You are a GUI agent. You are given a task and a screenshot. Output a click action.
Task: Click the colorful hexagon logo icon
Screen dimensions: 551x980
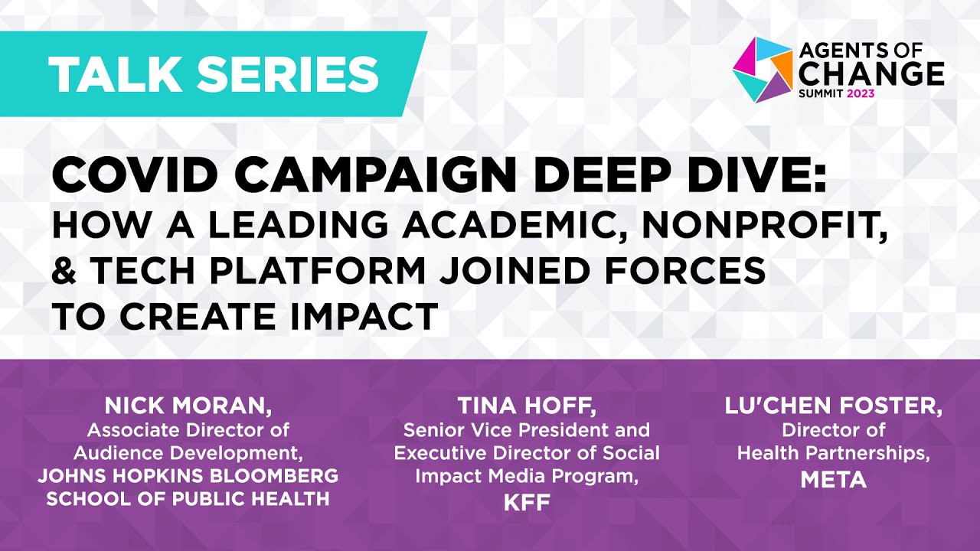pyautogui.click(x=762, y=69)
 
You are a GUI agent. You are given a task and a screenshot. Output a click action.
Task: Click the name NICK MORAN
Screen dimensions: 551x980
pyautogui.click(x=188, y=406)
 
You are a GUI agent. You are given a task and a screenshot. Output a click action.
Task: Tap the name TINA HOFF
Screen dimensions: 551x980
pyautogui.click(x=526, y=406)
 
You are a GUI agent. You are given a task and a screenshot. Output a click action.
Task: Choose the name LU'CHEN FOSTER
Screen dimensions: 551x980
pyautogui.click(x=833, y=406)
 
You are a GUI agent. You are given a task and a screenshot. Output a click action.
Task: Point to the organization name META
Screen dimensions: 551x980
pyautogui.click(x=833, y=480)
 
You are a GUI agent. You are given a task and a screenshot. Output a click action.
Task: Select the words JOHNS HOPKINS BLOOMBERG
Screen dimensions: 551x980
pyautogui.click(x=188, y=476)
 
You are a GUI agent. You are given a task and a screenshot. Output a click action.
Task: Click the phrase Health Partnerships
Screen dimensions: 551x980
pyautogui.click(x=833, y=453)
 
